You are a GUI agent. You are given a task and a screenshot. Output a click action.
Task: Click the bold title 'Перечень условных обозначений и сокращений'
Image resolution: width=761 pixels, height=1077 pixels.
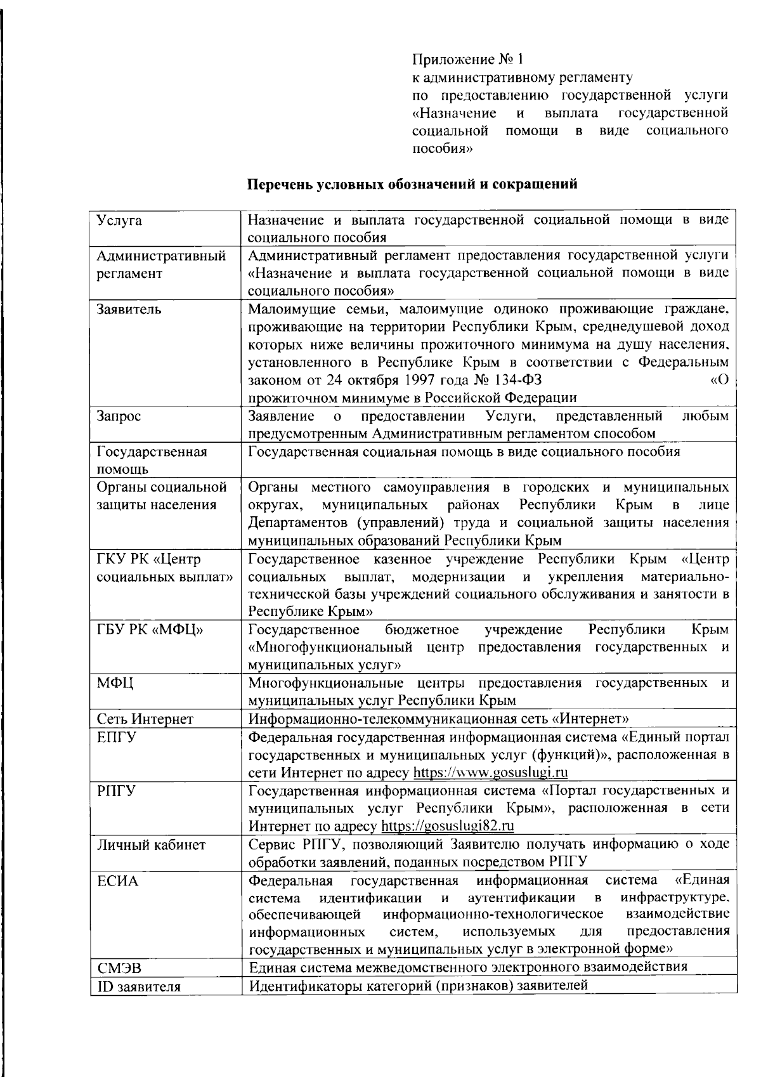412,185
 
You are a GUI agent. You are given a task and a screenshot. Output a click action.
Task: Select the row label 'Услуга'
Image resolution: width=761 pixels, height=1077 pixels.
119,221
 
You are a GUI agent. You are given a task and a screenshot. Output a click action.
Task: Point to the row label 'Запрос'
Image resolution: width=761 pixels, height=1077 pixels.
119,416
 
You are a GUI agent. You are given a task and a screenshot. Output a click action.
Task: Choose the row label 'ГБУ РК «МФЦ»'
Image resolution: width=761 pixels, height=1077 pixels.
150,630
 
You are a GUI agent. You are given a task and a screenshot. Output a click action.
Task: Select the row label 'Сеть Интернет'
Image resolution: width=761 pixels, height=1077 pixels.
145,719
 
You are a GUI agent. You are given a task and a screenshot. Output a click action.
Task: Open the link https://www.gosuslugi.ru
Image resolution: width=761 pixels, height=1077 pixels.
490,773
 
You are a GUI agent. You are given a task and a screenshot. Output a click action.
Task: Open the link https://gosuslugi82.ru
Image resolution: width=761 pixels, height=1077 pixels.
447,826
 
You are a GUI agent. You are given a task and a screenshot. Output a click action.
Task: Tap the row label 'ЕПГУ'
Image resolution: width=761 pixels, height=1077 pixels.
116,738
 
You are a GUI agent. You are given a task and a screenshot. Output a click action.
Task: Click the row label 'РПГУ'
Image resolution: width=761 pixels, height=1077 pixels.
116,791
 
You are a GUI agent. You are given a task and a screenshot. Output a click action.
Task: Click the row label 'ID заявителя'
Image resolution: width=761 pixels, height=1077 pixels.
139,987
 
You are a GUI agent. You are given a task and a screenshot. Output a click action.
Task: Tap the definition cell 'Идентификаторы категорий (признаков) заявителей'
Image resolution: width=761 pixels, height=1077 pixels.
419,986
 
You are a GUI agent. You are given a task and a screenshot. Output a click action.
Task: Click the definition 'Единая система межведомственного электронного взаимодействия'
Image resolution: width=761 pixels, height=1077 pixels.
468,967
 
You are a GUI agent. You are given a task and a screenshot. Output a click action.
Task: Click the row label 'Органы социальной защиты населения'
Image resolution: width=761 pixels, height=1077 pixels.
162,496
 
